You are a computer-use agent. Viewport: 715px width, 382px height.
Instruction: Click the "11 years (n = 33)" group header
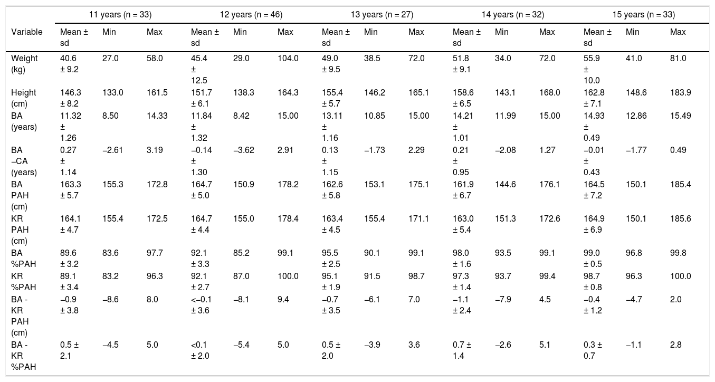coord(120,15)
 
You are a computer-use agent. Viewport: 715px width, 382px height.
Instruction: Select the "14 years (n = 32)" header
coord(512,15)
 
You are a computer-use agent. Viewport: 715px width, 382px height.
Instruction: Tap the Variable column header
coord(27,32)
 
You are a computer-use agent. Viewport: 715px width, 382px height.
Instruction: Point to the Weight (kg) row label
coord(24,64)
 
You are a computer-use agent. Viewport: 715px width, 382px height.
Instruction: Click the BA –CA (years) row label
coord(24,161)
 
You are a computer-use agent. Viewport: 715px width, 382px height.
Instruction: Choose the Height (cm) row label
coord(24,98)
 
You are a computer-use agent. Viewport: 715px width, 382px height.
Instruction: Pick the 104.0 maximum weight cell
coord(288,59)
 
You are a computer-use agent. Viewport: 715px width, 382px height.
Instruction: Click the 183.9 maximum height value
coord(681,92)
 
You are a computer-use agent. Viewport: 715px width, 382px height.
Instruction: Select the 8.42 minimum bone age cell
coord(241,116)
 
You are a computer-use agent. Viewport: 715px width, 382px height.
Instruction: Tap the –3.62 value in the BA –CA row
coord(244,150)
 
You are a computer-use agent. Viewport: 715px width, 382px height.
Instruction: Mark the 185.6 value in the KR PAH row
coord(681,218)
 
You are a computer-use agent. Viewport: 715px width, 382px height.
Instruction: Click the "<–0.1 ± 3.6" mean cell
coord(201,305)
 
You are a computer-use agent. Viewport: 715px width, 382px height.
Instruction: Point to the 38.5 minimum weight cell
coord(372,59)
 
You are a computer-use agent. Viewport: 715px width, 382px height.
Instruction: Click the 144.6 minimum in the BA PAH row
coord(506,184)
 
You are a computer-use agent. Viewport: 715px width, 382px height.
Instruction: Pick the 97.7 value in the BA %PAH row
coord(155,253)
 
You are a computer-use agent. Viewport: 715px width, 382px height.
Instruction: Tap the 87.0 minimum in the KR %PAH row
coord(241,276)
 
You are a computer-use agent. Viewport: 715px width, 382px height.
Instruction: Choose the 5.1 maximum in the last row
coord(545,345)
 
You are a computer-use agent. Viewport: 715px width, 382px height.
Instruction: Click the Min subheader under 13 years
coord(370,32)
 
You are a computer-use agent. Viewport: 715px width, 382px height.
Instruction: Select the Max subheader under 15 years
coord(678,32)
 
